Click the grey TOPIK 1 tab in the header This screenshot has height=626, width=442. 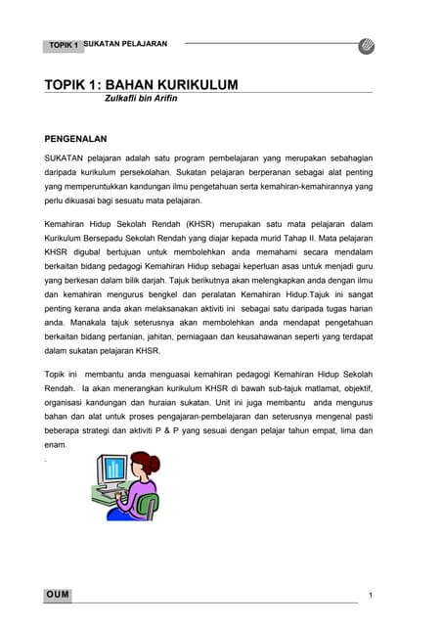pyautogui.click(x=64, y=46)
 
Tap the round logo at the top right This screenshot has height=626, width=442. pyautogui.click(x=368, y=45)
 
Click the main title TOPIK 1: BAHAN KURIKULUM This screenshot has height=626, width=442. pyautogui.click(x=141, y=85)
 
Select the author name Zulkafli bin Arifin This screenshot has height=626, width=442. pyautogui.click(x=145, y=100)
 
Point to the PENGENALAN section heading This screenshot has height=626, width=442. pyautogui.click(x=81, y=139)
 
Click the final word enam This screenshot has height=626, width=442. pyautogui.click(x=55, y=444)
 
